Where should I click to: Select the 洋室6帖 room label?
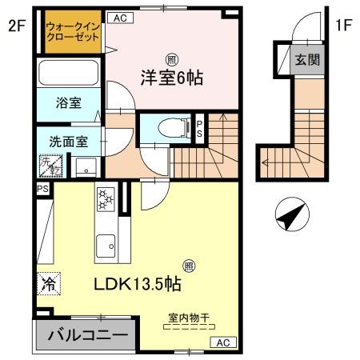[172, 78]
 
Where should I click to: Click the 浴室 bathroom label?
[67, 103]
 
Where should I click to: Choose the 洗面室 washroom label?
[67, 141]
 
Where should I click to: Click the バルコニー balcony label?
[83, 335]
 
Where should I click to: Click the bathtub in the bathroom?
[68, 75]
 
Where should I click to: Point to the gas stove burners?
[106, 199]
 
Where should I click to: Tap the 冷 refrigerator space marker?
[48, 283]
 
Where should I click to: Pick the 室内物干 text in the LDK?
[189, 318]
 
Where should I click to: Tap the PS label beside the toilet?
[200, 128]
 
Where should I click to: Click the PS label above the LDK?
[42, 188]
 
